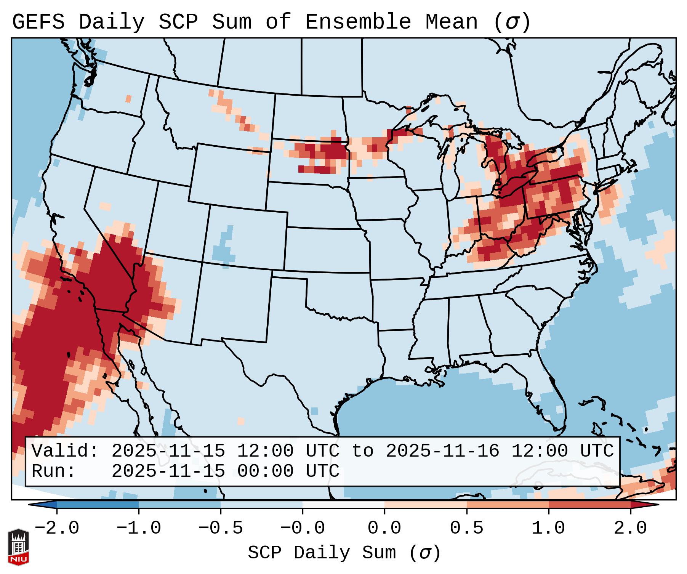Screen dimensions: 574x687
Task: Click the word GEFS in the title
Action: point(38,22)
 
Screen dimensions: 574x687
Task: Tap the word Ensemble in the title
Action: point(358,22)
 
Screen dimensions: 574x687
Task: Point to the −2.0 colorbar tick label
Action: point(57,529)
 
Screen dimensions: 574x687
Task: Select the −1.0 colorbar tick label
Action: point(139,529)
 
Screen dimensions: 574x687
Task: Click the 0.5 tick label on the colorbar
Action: point(466,529)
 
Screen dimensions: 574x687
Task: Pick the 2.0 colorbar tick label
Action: point(630,529)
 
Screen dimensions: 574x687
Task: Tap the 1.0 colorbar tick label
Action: point(548,529)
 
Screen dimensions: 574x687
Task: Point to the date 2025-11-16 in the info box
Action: point(442,451)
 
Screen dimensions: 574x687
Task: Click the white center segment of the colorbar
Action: point(343,505)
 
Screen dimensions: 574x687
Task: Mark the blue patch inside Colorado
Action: point(225,248)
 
